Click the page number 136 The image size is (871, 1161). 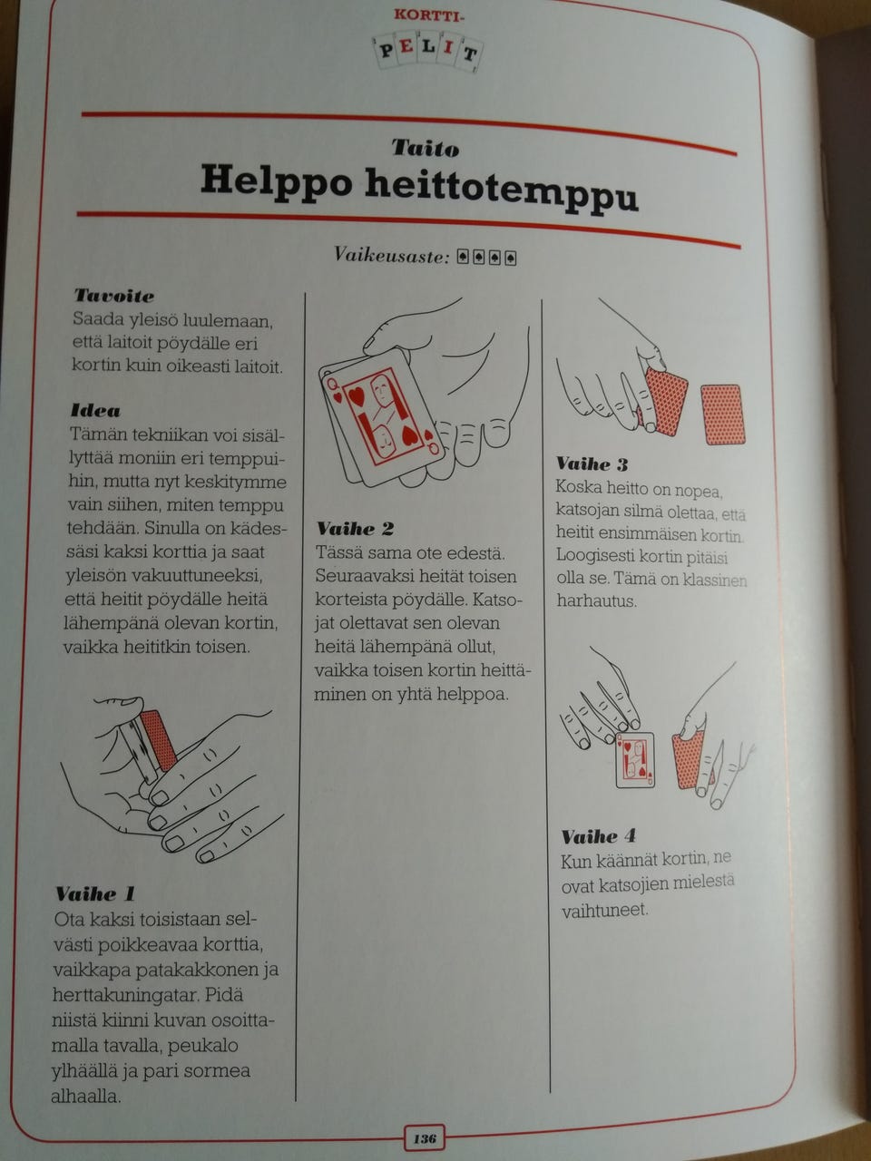point(424,1138)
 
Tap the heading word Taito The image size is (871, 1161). point(426,149)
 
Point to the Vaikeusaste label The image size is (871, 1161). point(392,256)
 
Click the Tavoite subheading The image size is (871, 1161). point(114,295)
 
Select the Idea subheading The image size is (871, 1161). point(96,411)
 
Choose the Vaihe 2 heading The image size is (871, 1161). point(356,528)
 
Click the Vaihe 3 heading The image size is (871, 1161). point(592,463)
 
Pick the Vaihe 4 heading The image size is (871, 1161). point(598,836)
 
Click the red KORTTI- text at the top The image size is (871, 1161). point(429,15)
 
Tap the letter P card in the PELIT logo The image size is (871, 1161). point(387,52)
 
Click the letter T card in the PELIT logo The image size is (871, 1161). point(469,54)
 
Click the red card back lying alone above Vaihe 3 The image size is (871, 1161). point(722,415)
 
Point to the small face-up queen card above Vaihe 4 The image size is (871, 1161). point(634,759)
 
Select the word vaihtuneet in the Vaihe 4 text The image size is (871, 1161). point(604,911)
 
